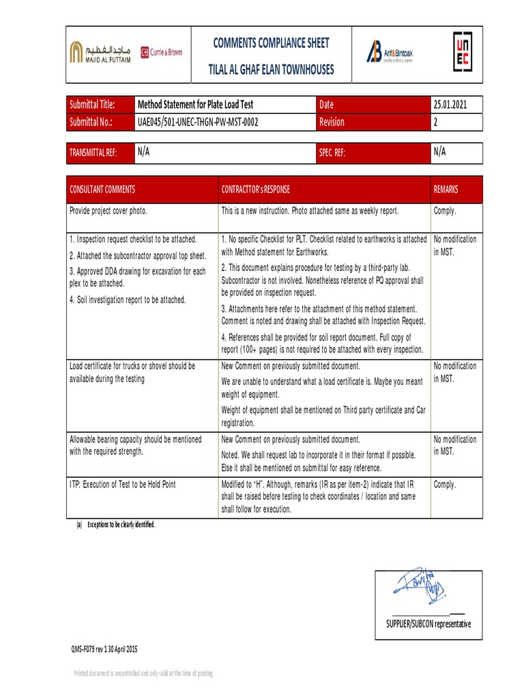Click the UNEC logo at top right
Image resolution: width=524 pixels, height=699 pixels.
[x=461, y=51]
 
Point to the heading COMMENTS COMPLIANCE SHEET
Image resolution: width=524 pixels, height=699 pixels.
[x=271, y=43]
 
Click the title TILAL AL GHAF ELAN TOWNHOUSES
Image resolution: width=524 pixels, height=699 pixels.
[x=271, y=70]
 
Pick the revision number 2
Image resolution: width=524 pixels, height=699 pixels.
[x=436, y=122]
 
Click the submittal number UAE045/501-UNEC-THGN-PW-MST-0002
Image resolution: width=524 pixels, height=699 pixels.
[x=198, y=122]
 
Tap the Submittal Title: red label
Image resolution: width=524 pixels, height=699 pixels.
[x=92, y=104]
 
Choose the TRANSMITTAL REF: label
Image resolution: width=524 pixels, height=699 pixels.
[x=93, y=153]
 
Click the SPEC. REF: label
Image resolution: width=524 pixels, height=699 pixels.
[x=332, y=153]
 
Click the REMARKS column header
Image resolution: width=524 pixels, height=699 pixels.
[x=446, y=189]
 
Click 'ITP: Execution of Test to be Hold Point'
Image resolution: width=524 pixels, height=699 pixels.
[x=123, y=484]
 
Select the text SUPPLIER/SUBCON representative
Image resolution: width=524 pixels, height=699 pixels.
[x=428, y=624]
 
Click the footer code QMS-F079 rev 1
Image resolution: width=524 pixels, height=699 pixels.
[x=106, y=648]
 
